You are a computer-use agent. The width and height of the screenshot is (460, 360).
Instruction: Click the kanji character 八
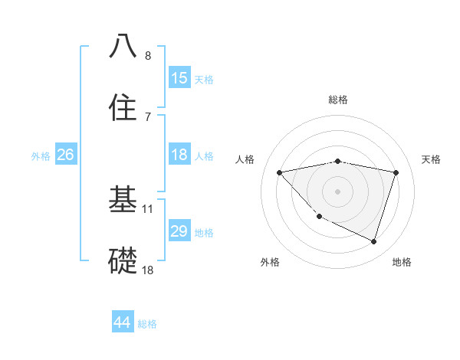click(x=123, y=46)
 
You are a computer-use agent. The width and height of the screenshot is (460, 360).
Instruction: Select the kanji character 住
click(x=123, y=107)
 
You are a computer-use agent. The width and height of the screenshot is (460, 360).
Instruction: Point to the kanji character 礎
click(x=123, y=260)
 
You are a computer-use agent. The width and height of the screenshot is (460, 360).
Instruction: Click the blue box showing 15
click(x=179, y=78)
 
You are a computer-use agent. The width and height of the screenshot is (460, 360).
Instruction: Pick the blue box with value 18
click(x=179, y=155)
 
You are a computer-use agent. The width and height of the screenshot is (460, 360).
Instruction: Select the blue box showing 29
click(x=179, y=231)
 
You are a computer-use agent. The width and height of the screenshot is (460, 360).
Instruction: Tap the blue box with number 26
click(x=65, y=155)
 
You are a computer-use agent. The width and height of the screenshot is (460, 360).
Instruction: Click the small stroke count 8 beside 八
click(x=148, y=55)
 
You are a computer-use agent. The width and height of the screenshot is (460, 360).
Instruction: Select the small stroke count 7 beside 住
click(x=148, y=116)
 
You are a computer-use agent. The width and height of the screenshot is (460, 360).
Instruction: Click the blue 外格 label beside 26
click(x=41, y=156)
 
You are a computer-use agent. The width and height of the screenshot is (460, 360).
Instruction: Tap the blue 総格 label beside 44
click(x=147, y=324)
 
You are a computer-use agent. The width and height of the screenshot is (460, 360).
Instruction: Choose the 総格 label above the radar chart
click(x=337, y=100)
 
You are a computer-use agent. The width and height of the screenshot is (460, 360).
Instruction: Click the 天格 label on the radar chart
click(x=432, y=159)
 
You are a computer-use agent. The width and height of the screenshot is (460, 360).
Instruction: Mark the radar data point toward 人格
click(x=280, y=172)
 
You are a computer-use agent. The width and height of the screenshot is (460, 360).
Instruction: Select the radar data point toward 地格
click(x=373, y=241)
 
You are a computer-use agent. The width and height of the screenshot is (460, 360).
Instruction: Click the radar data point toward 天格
click(x=396, y=172)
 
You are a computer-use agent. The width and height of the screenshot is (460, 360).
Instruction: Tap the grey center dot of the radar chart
click(x=337, y=191)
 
